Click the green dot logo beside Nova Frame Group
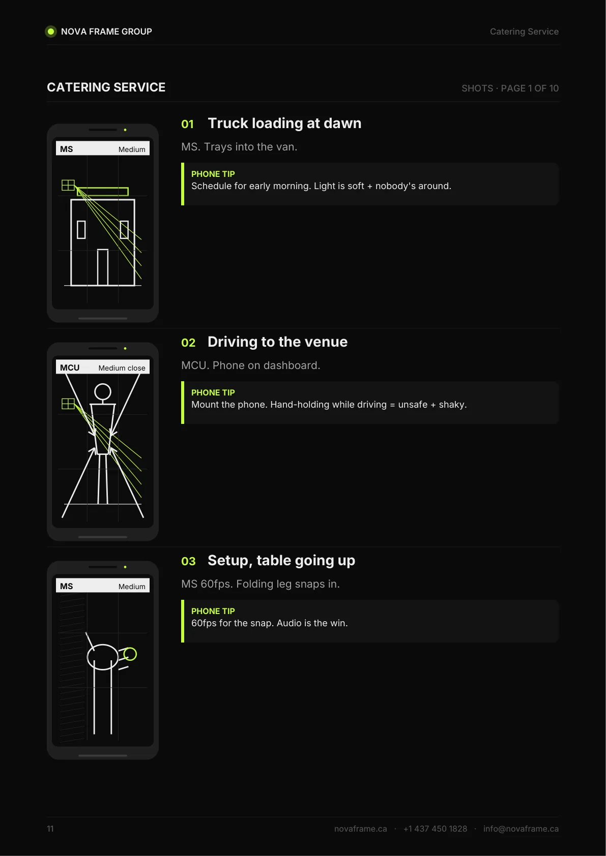coord(50,32)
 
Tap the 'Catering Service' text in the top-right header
coord(524,32)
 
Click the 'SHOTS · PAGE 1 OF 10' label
coord(510,88)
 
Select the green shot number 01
coord(187,124)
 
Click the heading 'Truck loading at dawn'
coord(284,124)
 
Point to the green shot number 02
coord(188,343)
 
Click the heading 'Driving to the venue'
coord(277,342)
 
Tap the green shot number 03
coord(188,561)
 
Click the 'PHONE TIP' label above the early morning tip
coord(213,174)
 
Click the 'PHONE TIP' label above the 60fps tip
coord(213,611)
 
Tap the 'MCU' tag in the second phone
coord(70,368)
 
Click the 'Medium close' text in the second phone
coord(122,368)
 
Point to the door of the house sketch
coord(103,267)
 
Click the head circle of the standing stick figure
coord(103,392)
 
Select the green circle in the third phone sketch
coord(130,654)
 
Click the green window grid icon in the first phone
coord(68,186)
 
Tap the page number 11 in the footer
coord(50,829)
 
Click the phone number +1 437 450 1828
coord(435,829)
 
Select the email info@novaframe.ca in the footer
coord(521,829)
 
